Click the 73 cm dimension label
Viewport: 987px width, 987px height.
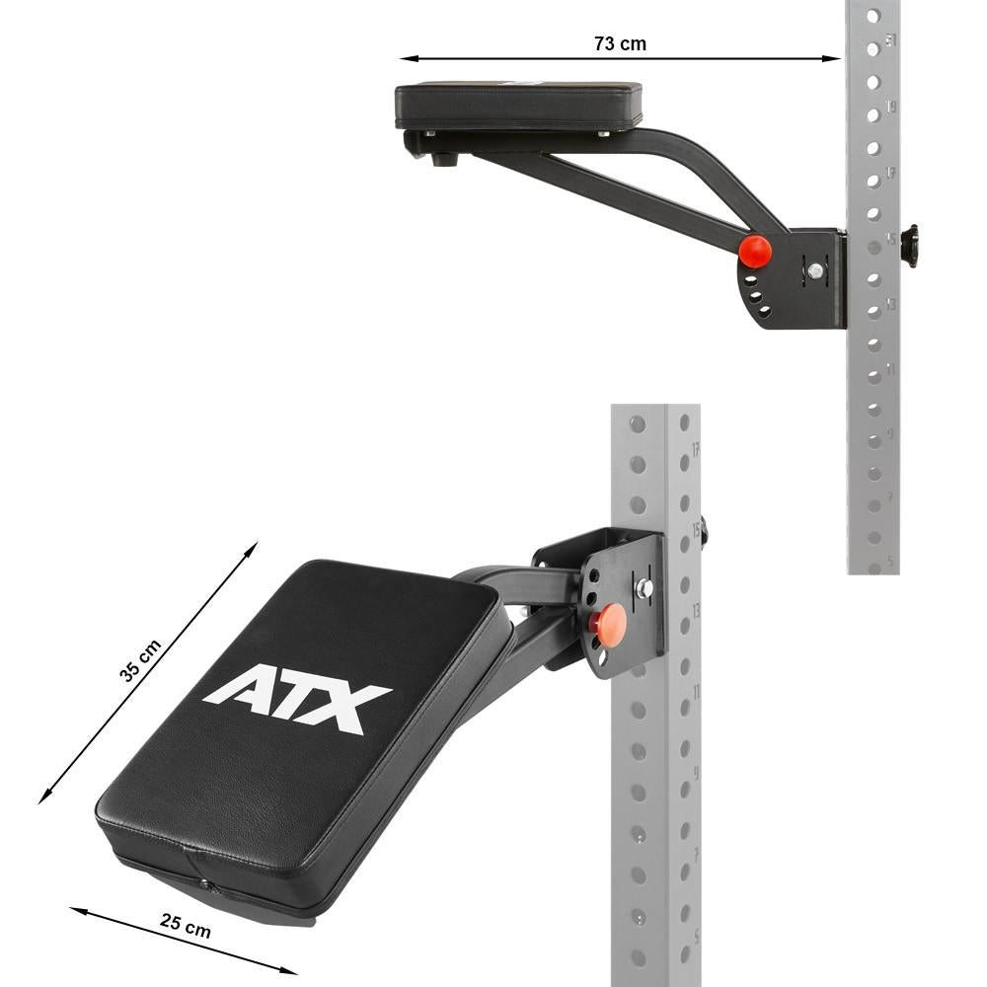point(620,43)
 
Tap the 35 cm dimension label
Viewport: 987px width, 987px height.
point(140,660)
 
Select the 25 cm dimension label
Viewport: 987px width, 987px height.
point(186,925)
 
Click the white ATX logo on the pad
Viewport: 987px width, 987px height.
point(297,699)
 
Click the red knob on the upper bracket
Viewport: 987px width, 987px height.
point(755,251)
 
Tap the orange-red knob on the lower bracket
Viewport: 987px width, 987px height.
point(609,624)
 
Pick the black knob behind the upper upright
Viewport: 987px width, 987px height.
point(909,246)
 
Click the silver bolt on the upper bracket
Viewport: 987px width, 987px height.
point(815,269)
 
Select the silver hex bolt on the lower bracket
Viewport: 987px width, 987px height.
point(644,588)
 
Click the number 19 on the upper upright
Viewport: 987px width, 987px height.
point(892,107)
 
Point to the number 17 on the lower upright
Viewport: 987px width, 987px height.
point(696,450)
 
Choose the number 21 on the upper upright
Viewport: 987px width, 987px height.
point(892,40)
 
